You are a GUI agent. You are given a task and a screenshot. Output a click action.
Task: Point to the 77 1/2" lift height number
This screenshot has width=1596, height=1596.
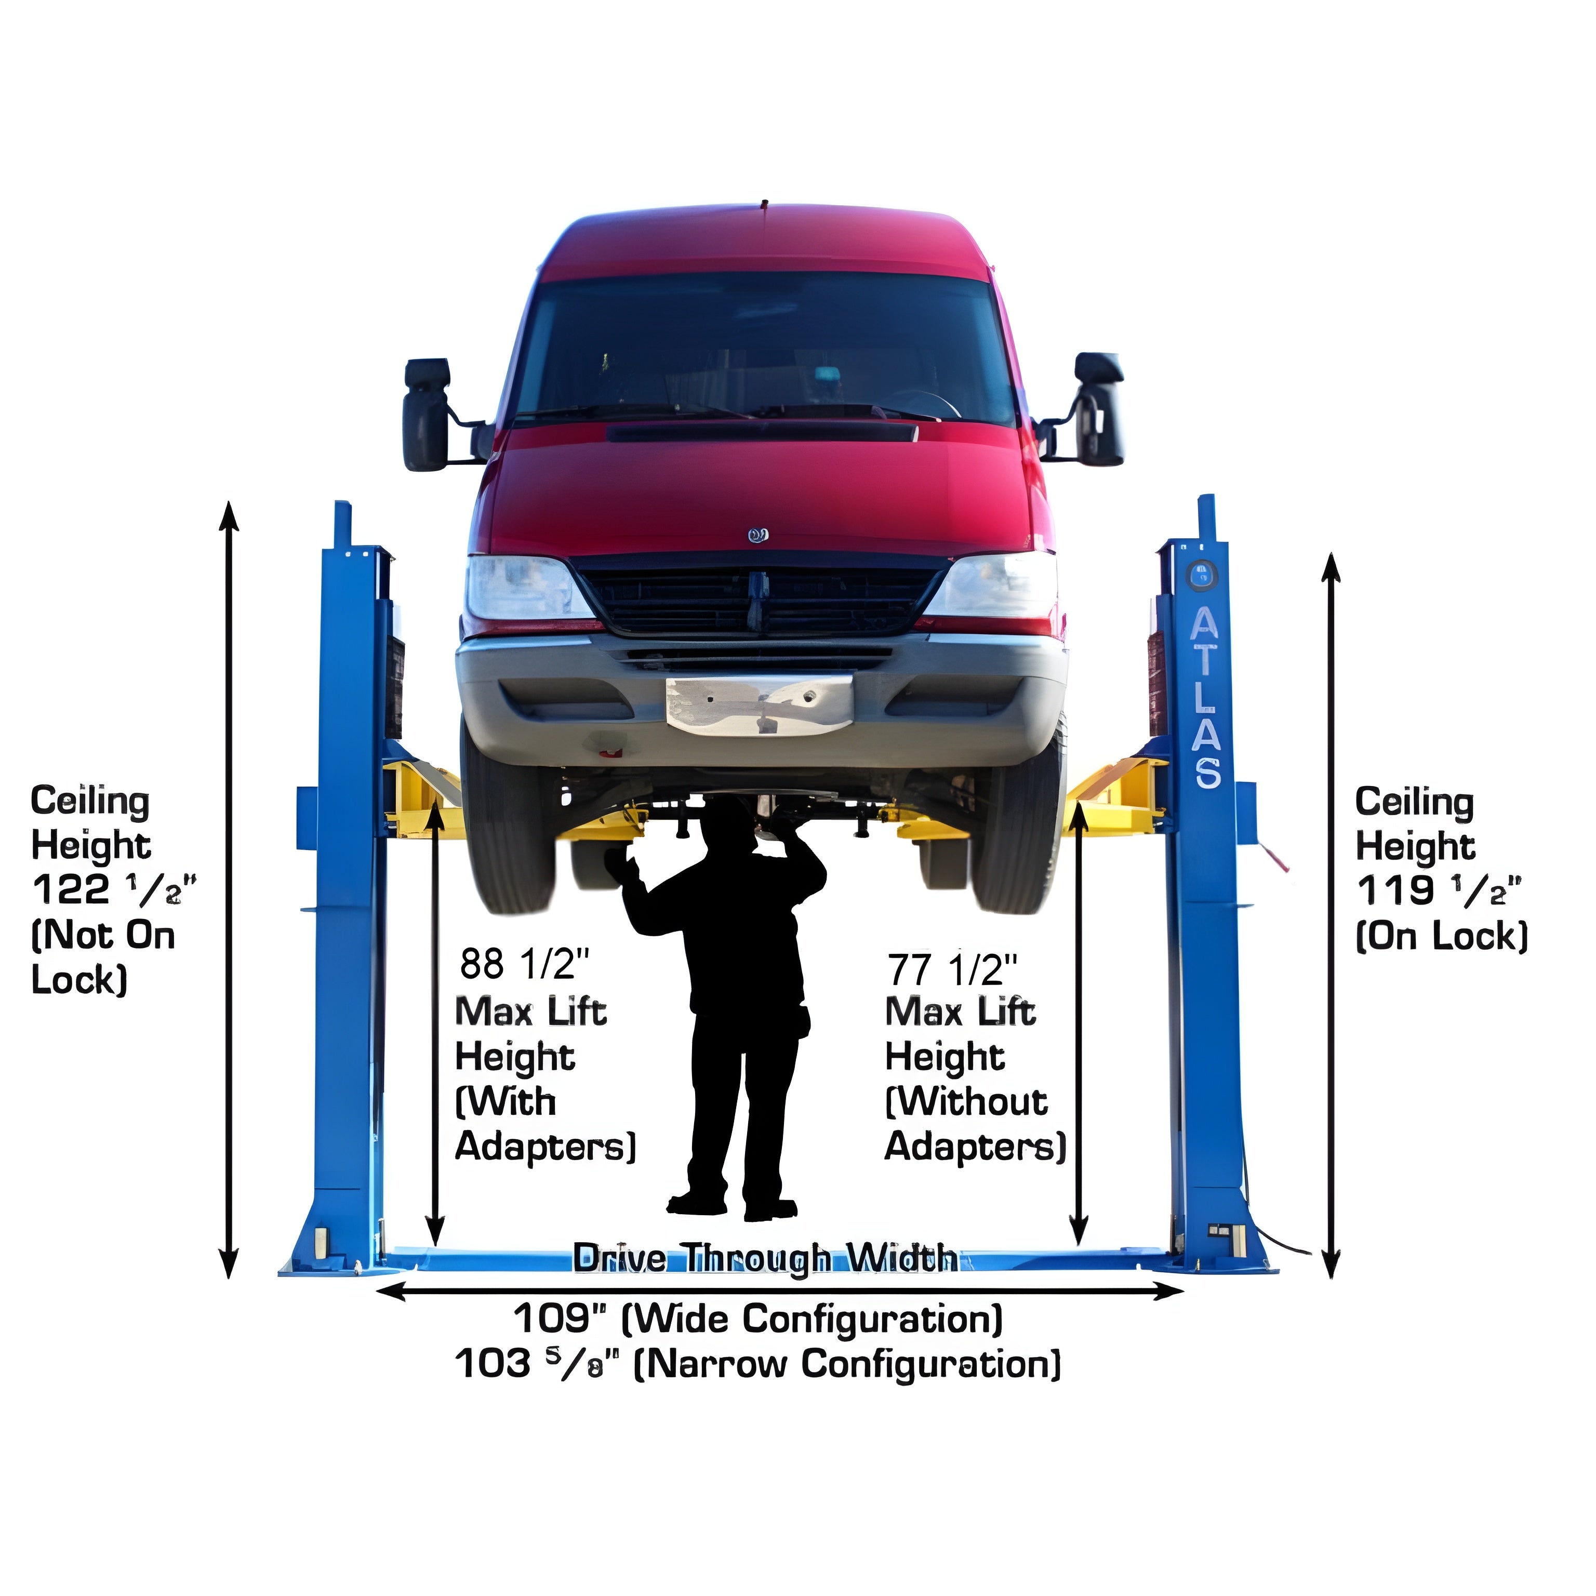pos(952,969)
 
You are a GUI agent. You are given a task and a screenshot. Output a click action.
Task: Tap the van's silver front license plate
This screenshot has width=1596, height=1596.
pos(759,704)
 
